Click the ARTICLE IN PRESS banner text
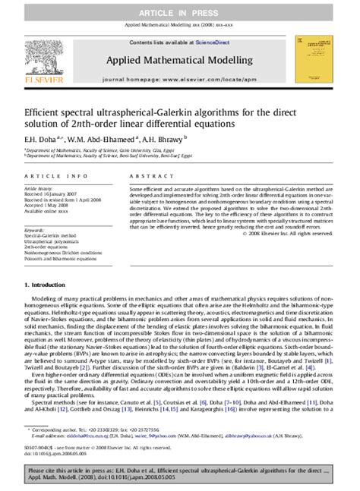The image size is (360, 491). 180,8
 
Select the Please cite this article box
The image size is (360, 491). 180,477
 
